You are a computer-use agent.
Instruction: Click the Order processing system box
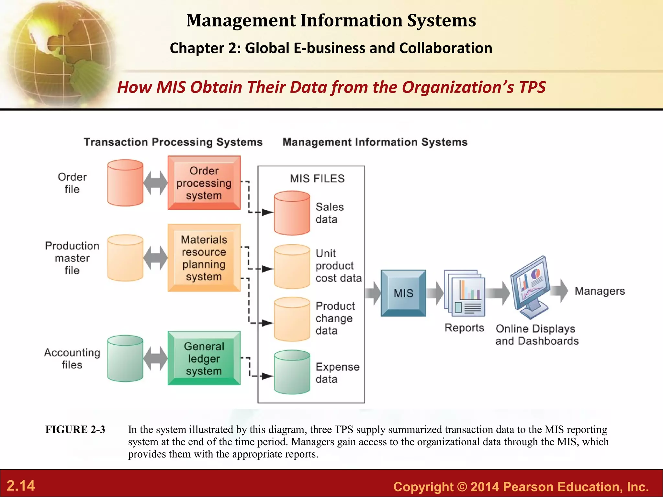point(204,183)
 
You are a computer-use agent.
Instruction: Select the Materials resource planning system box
point(204,258)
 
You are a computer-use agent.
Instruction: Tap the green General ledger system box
point(204,358)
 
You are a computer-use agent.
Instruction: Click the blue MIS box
point(403,293)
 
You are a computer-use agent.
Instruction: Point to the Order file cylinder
point(125,183)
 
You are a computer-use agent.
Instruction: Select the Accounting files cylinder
point(125,359)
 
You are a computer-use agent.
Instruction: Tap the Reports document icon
point(465,293)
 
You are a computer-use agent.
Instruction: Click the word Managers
point(600,291)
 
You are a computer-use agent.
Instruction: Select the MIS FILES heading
point(317,179)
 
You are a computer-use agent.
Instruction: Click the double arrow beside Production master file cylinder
point(155,258)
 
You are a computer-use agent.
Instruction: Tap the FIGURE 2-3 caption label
point(75,429)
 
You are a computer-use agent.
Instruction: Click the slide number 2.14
point(21,486)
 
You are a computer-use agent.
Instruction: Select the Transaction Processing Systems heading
point(173,142)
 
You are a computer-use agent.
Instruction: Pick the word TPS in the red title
point(532,87)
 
